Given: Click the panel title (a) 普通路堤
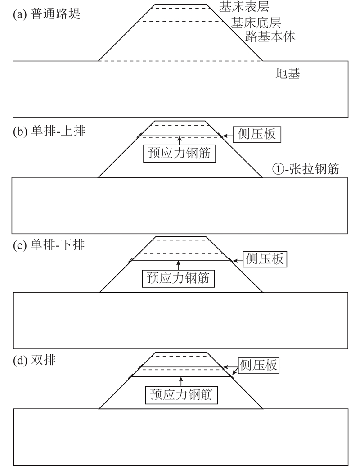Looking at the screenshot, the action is [47, 14].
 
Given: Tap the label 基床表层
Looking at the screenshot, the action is [244, 7].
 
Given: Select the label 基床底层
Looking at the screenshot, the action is [256, 23].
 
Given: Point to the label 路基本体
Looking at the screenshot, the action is [270, 36].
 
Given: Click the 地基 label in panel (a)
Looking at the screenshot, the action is [288, 73].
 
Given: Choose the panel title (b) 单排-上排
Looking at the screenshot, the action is [49, 131].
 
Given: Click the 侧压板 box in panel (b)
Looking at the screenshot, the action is [256, 134].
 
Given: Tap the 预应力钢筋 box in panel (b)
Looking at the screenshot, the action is [179, 154].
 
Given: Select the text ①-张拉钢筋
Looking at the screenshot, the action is [306, 169].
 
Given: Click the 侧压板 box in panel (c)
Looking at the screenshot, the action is [265, 259].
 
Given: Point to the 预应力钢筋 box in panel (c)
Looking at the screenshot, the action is [178, 278].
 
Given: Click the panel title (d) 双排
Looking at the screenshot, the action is [34, 360].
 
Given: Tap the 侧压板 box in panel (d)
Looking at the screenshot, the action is [259, 365].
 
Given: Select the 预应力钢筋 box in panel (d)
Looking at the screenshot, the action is [181, 395].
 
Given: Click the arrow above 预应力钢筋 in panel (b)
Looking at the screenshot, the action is [179, 140].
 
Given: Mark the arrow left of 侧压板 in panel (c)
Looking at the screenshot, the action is [238, 261].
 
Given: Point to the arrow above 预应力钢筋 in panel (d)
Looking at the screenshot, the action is [181, 382].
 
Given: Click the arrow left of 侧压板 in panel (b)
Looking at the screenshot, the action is [228, 136].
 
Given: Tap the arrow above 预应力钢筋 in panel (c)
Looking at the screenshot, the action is [178, 265].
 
